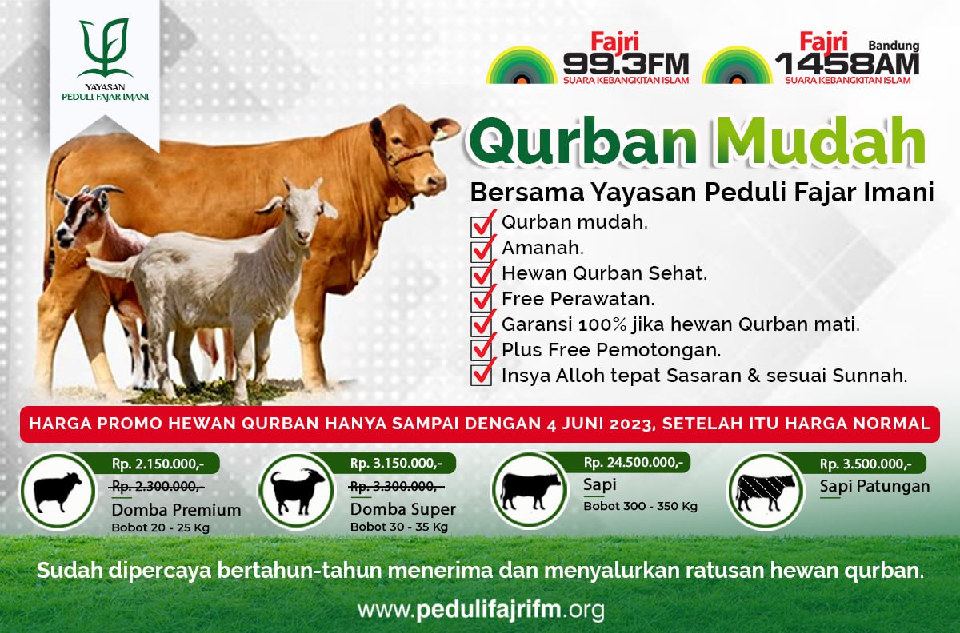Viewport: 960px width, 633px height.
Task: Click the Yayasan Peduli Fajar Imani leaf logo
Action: (x=104, y=47)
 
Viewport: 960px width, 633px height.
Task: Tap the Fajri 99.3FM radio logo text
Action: (x=626, y=58)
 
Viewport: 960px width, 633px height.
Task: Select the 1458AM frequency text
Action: (x=847, y=64)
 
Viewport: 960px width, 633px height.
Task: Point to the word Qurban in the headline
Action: (x=583, y=142)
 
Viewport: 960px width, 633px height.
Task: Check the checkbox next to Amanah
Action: (x=482, y=250)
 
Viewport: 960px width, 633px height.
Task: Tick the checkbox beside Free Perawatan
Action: (x=482, y=301)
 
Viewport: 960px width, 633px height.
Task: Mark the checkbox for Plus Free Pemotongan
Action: (x=482, y=351)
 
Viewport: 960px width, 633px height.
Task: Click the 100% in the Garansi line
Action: (x=602, y=324)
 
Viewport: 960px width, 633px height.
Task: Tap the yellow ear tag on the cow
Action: (x=442, y=135)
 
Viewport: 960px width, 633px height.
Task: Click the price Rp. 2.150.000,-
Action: (x=158, y=464)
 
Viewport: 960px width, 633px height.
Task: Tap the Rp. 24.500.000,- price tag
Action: (x=633, y=463)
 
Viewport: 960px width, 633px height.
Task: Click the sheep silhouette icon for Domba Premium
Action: (x=58, y=492)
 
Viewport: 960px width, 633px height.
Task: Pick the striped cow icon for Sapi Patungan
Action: (x=765, y=492)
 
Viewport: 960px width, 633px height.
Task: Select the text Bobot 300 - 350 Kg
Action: (x=640, y=506)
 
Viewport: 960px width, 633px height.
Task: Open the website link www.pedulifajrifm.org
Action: (x=481, y=610)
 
